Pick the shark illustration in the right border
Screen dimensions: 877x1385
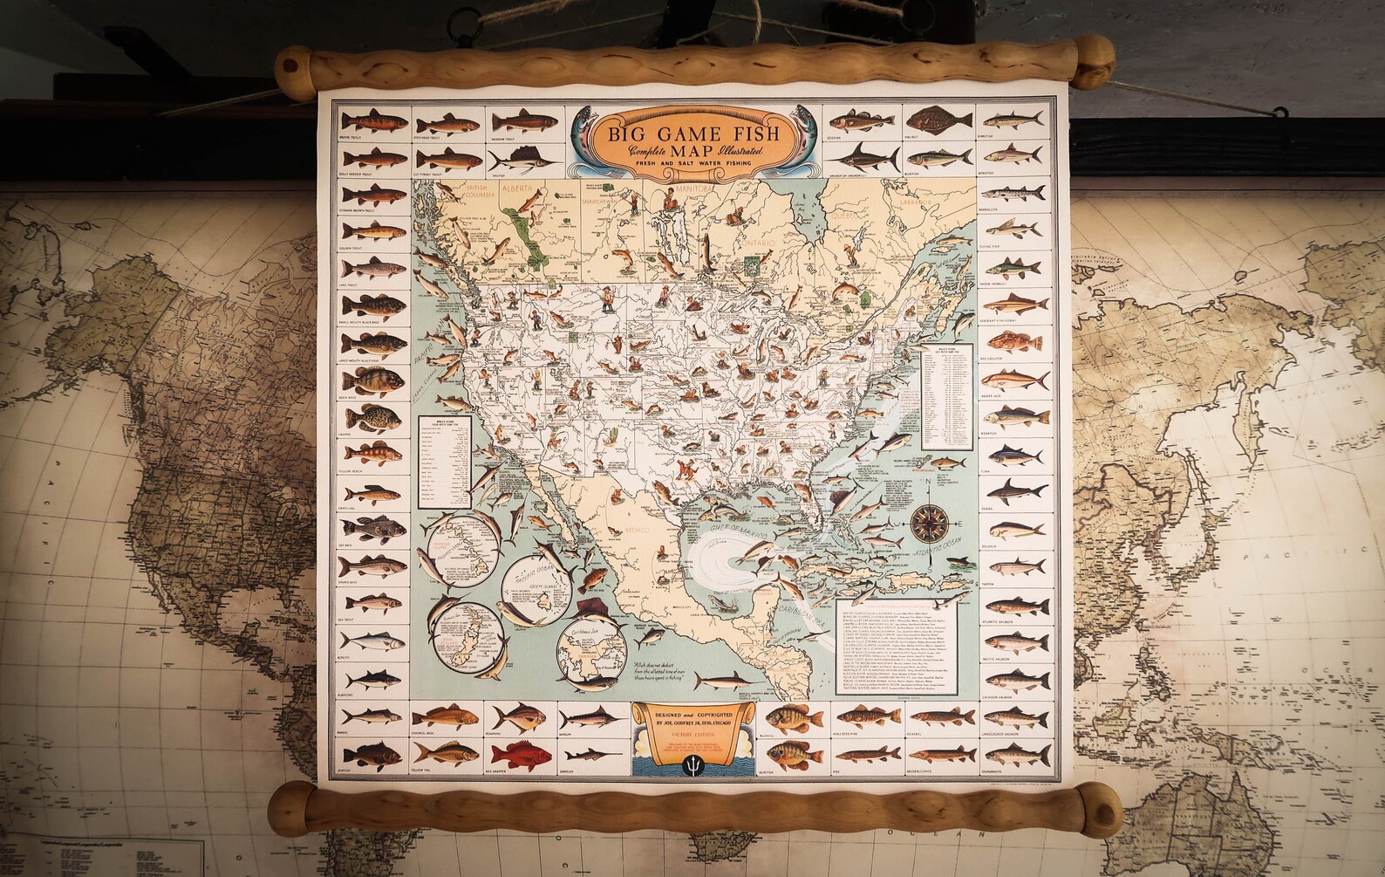click(1016, 488)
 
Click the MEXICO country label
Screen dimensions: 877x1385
click(649, 531)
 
